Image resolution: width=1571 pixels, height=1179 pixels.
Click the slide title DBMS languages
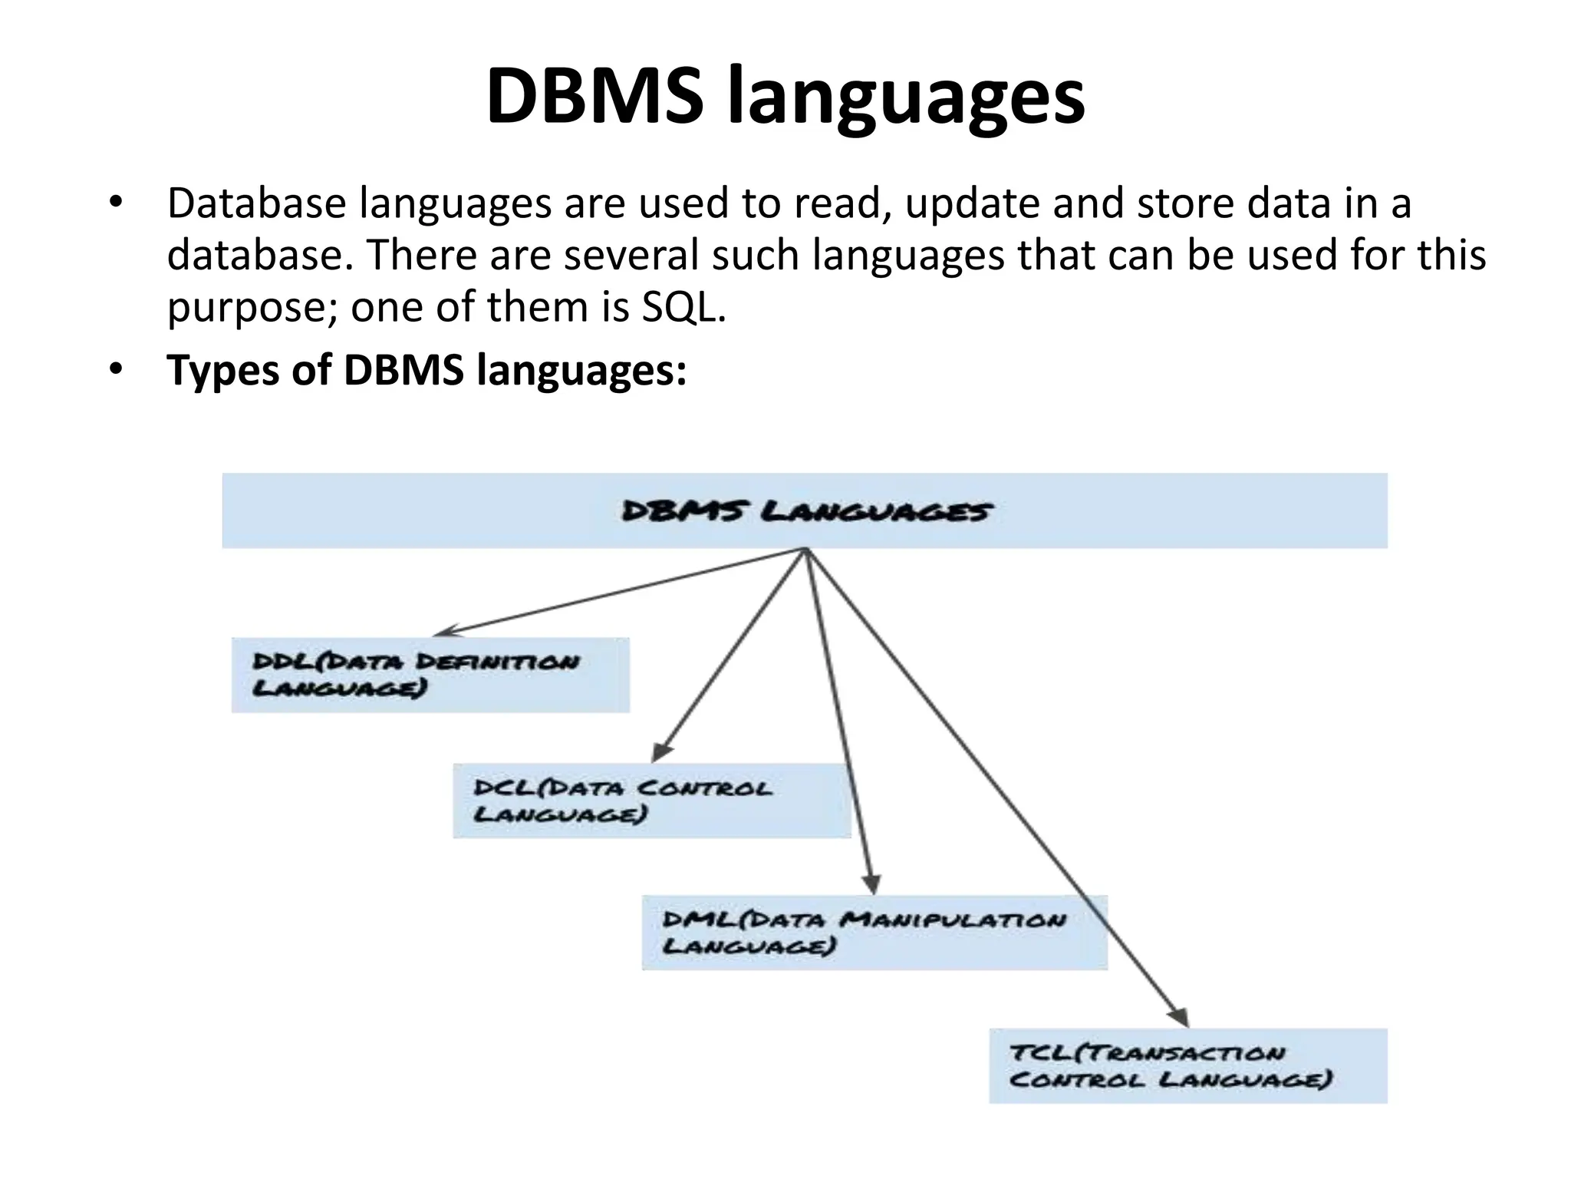tap(785, 97)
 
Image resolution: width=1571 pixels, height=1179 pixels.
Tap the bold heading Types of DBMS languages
tap(427, 370)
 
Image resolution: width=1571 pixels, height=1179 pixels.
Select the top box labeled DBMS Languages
tap(805, 510)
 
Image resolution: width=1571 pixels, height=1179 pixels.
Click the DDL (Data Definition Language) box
tap(430, 675)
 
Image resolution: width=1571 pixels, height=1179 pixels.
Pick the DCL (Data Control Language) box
tap(651, 801)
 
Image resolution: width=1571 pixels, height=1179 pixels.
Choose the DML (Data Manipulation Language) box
tap(874, 932)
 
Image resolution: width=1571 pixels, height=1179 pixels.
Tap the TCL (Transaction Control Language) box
tap(1187, 1065)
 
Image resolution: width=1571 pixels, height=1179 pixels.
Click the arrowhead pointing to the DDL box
tap(444, 632)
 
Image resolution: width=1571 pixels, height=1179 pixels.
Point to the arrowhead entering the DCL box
tap(660, 752)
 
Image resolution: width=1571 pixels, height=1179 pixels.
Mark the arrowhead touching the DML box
tap(871, 884)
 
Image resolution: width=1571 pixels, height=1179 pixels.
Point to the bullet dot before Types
tap(115, 370)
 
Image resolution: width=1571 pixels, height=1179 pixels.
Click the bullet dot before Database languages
tap(115, 203)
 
